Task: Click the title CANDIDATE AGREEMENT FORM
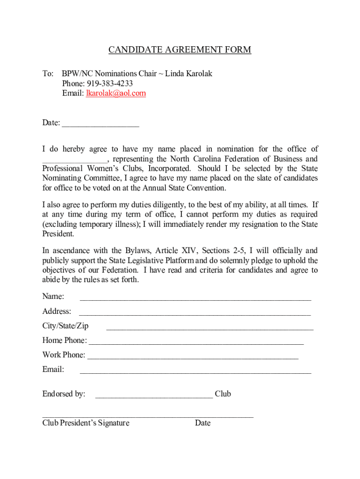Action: click(x=180, y=50)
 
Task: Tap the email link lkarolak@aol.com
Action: click(x=115, y=93)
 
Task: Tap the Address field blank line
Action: click(x=195, y=312)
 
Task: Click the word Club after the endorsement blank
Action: click(x=223, y=394)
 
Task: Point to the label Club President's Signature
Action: click(x=86, y=423)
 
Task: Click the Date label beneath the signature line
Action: click(x=203, y=423)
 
